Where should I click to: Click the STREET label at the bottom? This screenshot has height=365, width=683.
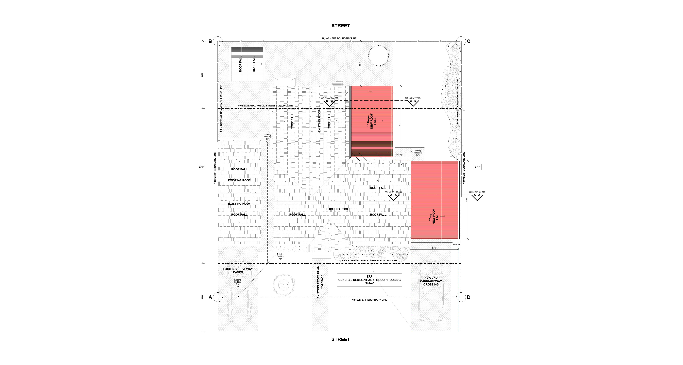point(340,339)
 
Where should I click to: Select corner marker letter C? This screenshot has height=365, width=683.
point(469,41)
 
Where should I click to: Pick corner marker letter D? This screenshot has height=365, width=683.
point(469,297)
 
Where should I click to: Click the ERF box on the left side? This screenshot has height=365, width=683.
point(201,167)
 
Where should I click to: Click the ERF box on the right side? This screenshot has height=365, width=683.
point(477,167)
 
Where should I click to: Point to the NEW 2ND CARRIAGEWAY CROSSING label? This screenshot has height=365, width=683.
point(431,281)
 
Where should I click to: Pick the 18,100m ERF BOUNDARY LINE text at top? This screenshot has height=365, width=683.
point(339,38)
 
